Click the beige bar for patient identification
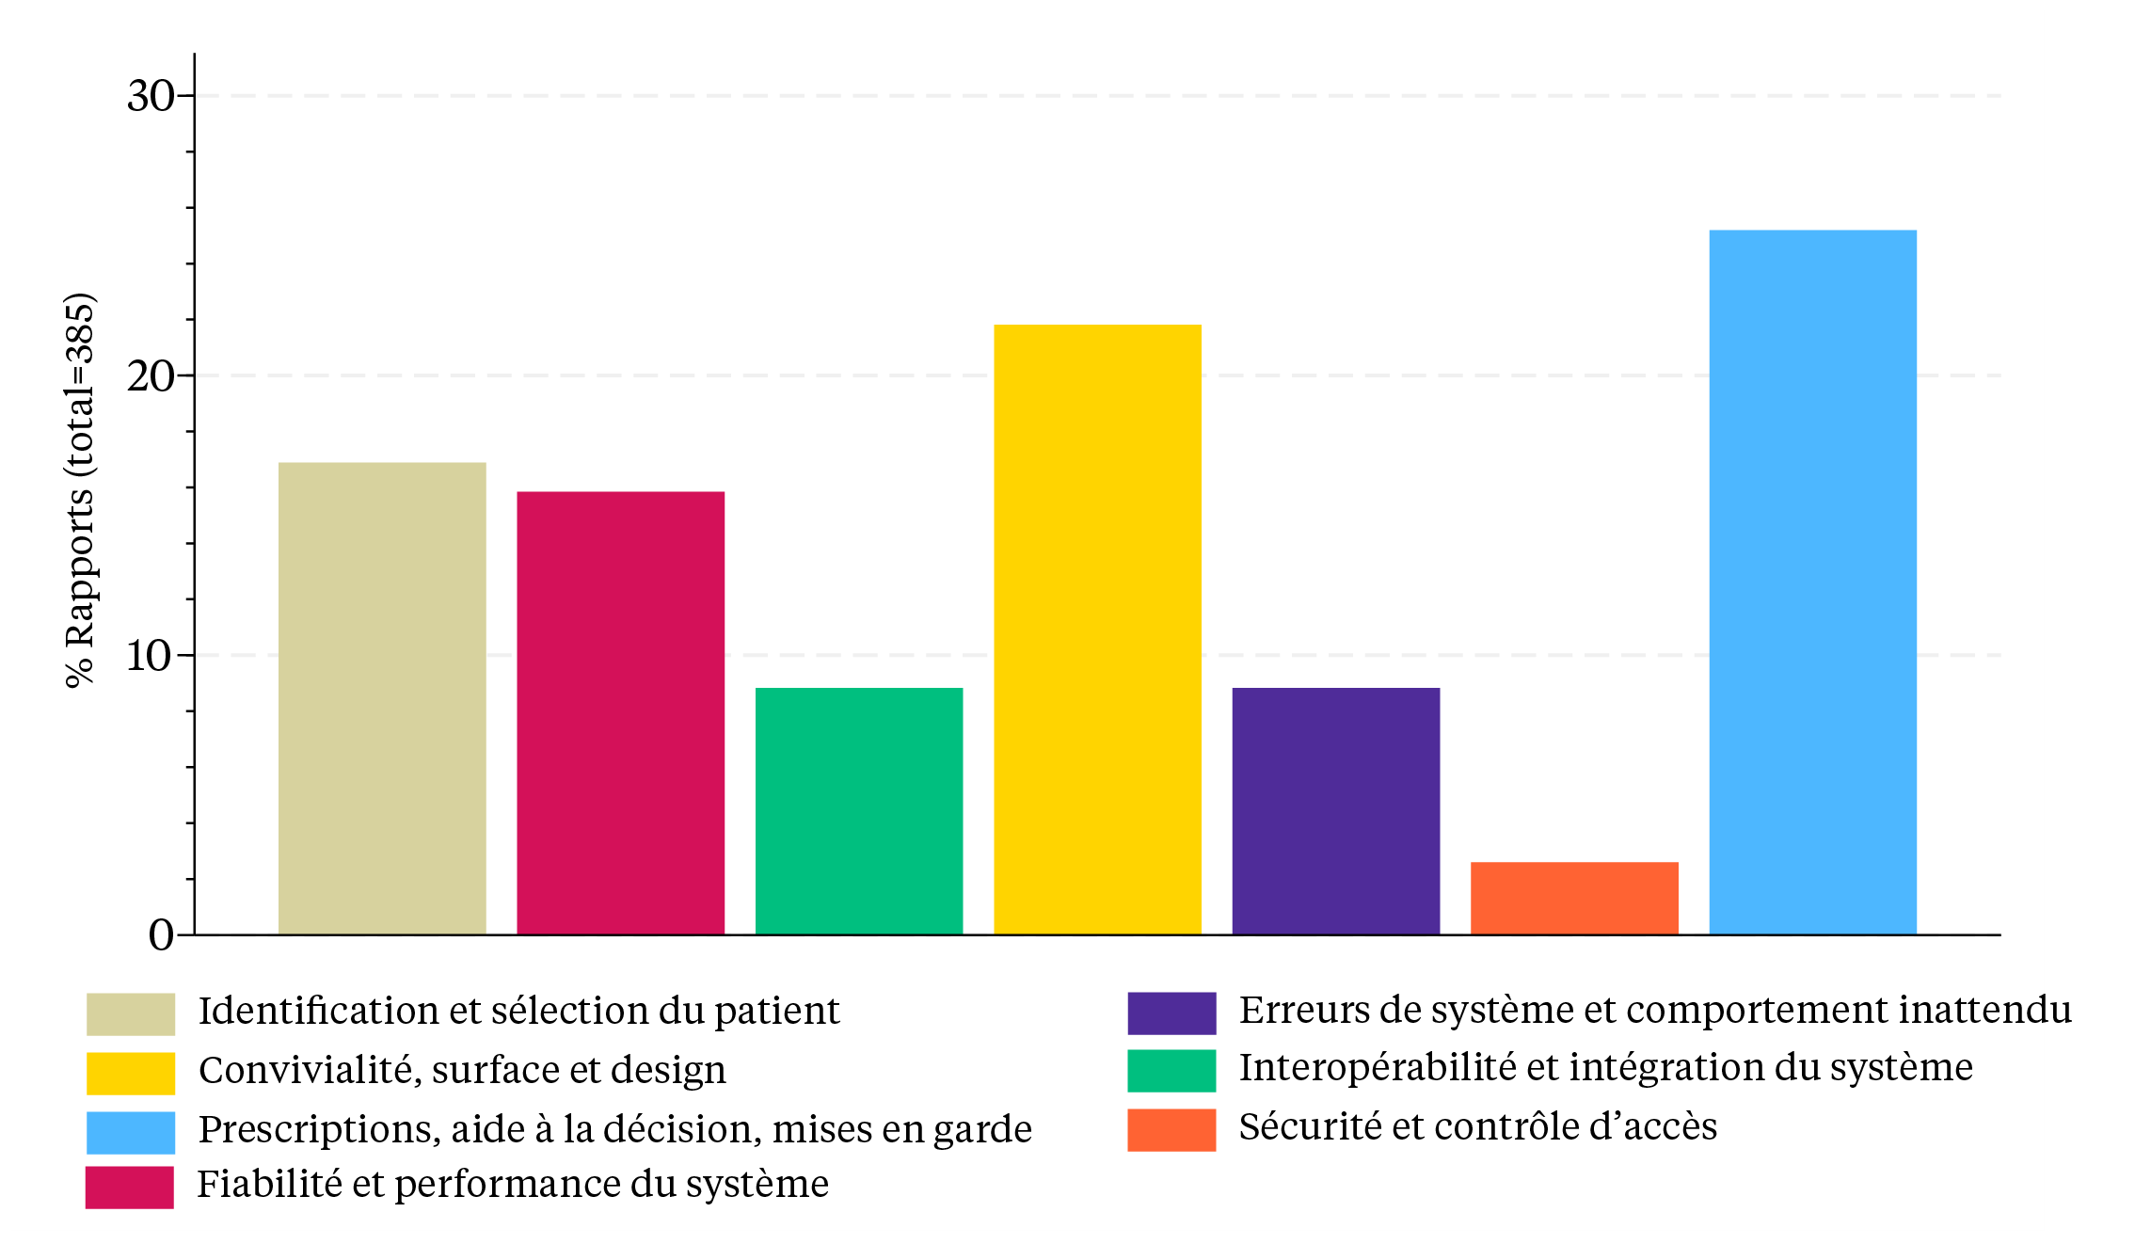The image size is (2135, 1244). (x=382, y=698)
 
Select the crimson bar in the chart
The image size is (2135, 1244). (x=620, y=712)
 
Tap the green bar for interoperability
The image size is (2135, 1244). (x=859, y=811)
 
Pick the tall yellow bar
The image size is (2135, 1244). (x=1097, y=630)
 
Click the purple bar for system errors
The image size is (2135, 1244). (x=1335, y=811)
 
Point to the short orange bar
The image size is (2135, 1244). (x=1574, y=898)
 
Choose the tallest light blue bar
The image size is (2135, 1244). (x=1812, y=582)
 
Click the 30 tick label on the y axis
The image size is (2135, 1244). (x=151, y=96)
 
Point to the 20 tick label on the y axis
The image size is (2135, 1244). (x=151, y=376)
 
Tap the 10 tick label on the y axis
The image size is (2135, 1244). (x=151, y=656)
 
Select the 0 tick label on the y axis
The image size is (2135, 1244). (x=161, y=935)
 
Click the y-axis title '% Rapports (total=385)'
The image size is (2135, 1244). (x=81, y=490)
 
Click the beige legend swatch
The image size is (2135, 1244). (x=131, y=1013)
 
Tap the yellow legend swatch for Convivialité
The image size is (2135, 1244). (x=131, y=1073)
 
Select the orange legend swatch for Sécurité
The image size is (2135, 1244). (x=1171, y=1129)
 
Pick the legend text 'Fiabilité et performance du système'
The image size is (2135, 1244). (x=513, y=1185)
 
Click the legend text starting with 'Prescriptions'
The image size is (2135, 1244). (x=615, y=1129)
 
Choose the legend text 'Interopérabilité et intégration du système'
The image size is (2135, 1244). (x=1605, y=1068)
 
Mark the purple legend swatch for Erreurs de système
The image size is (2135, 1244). (x=1171, y=1013)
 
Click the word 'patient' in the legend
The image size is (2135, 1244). (x=776, y=1012)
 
